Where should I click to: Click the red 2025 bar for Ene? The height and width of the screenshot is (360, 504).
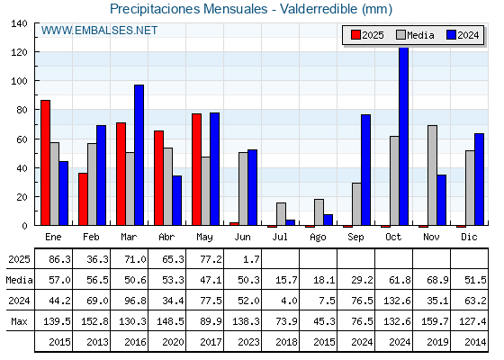pyautogui.click(x=45, y=163)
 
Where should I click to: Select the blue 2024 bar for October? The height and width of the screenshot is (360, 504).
pyautogui.click(x=404, y=136)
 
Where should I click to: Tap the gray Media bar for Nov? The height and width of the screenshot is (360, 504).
pyautogui.click(x=432, y=175)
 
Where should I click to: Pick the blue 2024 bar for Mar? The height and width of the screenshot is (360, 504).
pyautogui.click(x=139, y=155)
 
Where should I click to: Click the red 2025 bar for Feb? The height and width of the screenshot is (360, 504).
pyautogui.click(x=83, y=199)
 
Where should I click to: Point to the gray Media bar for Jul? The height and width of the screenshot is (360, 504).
pyautogui.click(x=281, y=214)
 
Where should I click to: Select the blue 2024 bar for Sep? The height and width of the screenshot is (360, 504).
pyautogui.click(x=365, y=170)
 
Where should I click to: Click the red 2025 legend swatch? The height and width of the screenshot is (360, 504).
pyautogui.click(x=355, y=35)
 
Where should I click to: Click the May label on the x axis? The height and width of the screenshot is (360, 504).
pyautogui.click(x=204, y=238)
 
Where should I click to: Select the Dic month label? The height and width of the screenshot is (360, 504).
pyautogui.click(x=469, y=237)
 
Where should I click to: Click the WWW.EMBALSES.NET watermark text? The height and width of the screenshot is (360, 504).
pyautogui.click(x=99, y=31)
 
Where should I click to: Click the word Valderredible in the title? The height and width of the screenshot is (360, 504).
pyautogui.click(x=319, y=9)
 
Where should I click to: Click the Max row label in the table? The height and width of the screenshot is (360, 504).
pyautogui.click(x=19, y=321)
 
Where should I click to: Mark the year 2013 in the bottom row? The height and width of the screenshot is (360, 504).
pyautogui.click(x=97, y=342)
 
